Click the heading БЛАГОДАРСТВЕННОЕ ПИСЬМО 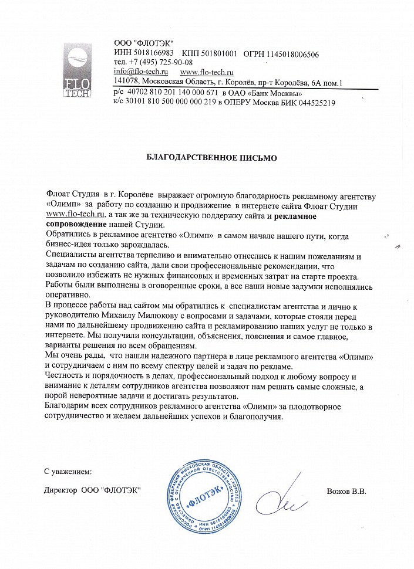[x=211, y=158]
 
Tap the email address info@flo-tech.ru [x=140, y=72]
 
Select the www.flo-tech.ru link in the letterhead [x=204, y=72]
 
